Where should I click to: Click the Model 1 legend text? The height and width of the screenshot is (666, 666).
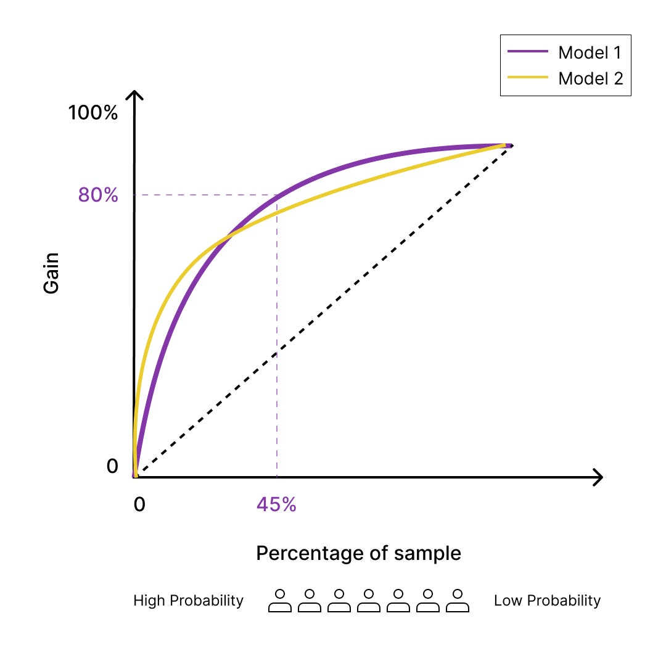[590, 52]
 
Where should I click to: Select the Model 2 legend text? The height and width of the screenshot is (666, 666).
[590, 79]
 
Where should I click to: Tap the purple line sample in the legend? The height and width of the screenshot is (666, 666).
[528, 52]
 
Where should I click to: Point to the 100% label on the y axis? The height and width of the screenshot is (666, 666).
[92, 113]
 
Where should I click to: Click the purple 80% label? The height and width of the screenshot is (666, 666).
[97, 195]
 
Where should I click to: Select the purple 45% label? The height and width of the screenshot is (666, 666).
[276, 504]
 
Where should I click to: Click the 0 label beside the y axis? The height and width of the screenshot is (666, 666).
[112, 467]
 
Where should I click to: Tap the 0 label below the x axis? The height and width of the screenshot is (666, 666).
[139, 504]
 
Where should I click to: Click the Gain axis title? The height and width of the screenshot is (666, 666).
[52, 273]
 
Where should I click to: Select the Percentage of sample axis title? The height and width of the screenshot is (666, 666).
[358, 553]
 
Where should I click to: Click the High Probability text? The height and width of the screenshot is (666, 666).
[188, 601]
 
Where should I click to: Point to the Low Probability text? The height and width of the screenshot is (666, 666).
[547, 601]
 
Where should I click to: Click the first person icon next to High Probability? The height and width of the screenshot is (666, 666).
[280, 601]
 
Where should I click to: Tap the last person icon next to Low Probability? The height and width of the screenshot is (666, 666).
[458, 601]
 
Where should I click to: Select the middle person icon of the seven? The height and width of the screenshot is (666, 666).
[369, 601]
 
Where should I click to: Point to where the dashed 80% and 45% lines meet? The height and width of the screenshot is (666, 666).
[277, 195]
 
